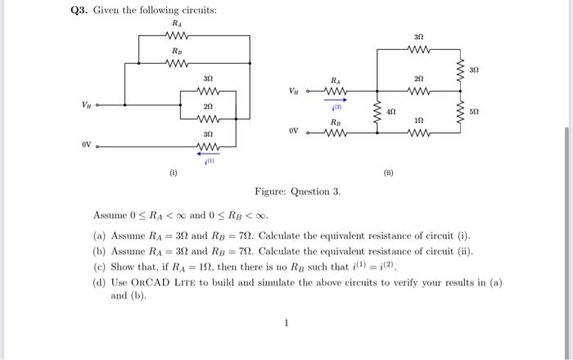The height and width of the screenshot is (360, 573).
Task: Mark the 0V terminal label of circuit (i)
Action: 86,146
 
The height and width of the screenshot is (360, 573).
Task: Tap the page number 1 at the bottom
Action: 286,323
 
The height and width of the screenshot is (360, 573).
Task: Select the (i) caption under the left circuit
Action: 173,173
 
